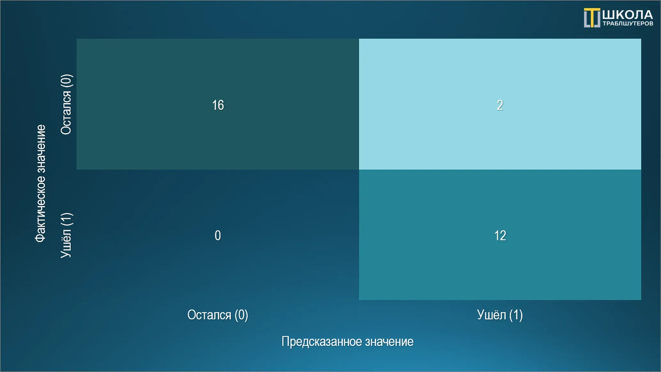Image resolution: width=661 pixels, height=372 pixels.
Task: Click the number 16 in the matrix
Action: coord(218,105)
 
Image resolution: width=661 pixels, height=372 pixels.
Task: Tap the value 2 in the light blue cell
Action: coord(500,105)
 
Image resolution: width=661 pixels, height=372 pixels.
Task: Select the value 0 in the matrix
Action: coord(218,236)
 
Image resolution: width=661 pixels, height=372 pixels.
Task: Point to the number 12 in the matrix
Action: coord(500,236)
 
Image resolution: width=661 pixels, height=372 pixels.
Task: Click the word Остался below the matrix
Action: coord(209,315)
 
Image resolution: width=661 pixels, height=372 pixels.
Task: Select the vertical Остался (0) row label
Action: coord(66,105)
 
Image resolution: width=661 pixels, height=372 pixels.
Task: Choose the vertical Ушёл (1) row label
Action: coord(66,235)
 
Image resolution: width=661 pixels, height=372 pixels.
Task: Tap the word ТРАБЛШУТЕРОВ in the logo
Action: coord(628,24)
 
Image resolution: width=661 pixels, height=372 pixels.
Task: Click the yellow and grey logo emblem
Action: coord(592,18)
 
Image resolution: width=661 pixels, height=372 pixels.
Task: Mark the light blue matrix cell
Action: coord(500,104)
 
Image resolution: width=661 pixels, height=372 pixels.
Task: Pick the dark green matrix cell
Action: coord(218,104)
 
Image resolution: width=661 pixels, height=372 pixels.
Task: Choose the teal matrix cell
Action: coord(500,235)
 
